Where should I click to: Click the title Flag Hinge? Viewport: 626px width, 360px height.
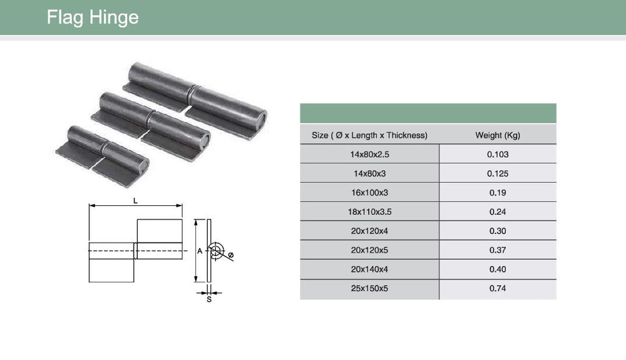point(93,18)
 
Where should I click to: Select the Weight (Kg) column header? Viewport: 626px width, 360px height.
point(498,135)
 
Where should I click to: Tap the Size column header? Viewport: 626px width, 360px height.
point(369,135)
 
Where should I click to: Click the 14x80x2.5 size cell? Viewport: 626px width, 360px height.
point(369,155)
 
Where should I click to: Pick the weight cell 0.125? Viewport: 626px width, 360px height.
point(498,173)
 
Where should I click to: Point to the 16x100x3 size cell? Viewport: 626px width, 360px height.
point(369,193)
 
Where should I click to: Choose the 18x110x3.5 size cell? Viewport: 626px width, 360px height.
point(369,212)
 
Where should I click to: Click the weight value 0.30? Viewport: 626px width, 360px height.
point(498,231)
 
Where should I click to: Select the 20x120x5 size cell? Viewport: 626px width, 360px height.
point(369,250)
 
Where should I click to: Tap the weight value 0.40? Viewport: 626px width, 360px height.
point(498,269)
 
